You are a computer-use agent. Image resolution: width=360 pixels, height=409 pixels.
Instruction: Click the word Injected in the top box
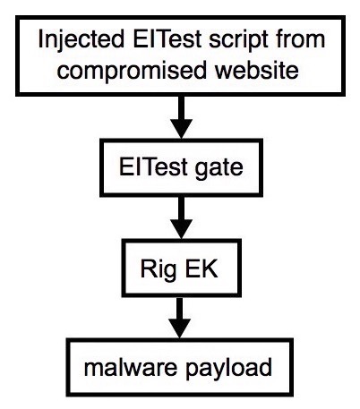[81, 40]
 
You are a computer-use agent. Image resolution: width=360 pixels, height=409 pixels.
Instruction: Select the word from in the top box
[300, 38]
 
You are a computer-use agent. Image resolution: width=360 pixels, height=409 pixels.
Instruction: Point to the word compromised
[132, 72]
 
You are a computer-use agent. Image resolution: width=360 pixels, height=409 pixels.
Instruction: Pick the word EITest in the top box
[167, 38]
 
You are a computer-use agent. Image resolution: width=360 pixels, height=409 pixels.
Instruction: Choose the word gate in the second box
[219, 168]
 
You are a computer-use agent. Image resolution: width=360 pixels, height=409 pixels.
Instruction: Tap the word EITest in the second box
[153, 166]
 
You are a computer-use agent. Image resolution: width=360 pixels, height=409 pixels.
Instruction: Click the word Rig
[159, 270]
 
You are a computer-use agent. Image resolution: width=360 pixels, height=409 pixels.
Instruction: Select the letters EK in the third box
[201, 268]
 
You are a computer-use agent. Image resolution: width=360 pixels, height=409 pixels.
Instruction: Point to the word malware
[131, 367]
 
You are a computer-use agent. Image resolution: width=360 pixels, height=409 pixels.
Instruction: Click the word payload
[228, 370]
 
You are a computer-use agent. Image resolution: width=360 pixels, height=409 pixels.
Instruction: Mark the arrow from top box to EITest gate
[181, 117]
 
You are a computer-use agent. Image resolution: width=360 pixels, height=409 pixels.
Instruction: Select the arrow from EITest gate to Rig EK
[181, 217]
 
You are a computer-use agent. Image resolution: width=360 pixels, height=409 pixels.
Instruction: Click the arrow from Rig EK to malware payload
[180, 318]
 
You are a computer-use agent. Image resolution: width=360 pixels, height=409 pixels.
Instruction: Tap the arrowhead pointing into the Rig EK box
[181, 229]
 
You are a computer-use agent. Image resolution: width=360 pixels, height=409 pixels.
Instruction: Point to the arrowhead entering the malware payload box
[180, 328]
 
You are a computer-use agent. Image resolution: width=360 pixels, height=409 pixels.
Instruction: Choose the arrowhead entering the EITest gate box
[181, 129]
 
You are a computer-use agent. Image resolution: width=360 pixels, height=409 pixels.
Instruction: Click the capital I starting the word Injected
[40, 38]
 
